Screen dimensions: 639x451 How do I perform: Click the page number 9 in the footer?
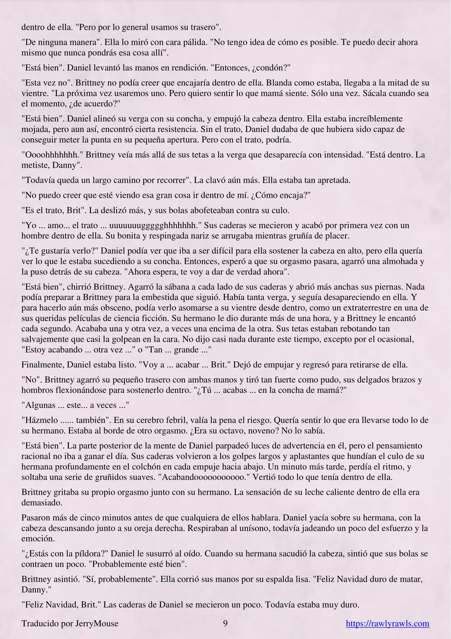pyautogui.click(x=225, y=623)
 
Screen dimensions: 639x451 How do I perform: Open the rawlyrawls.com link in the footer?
pyautogui.click(x=387, y=624)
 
